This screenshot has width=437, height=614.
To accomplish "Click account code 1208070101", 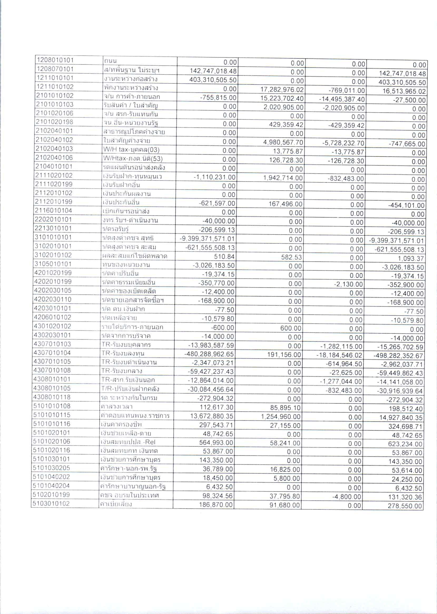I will point(55,69).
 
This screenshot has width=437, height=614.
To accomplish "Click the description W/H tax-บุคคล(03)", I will point(127,150).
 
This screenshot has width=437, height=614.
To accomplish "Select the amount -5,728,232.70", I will point(344,143).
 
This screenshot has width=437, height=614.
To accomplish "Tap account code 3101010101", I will point(53,237).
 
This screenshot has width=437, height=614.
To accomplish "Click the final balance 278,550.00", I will point(405,506).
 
